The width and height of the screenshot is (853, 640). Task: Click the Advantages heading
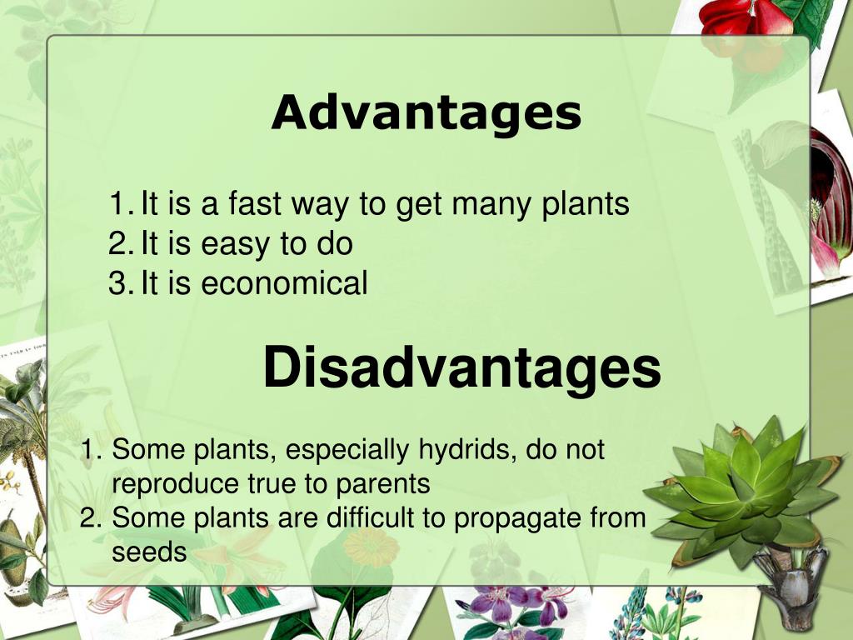click(426, 112)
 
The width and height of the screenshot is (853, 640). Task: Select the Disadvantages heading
click(462, 367)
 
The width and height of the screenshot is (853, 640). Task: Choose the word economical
click(284, 284)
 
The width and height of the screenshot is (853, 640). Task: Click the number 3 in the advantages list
click(117, 284)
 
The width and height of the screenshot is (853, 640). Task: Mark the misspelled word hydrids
click(461, 451)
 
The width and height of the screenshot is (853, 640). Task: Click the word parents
click(382, 484)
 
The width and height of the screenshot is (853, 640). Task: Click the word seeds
click(149, 551)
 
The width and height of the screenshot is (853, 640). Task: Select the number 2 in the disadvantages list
click(89, 517)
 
